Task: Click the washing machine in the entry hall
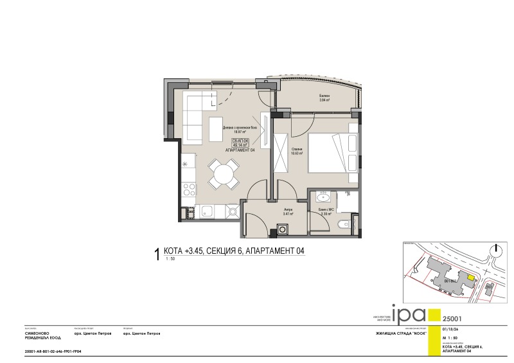[282, 227]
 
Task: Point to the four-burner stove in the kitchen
[189, 190]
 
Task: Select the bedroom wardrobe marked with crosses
[281, 154]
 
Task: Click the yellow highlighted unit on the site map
[470, 278]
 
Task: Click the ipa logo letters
[409, 314]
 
